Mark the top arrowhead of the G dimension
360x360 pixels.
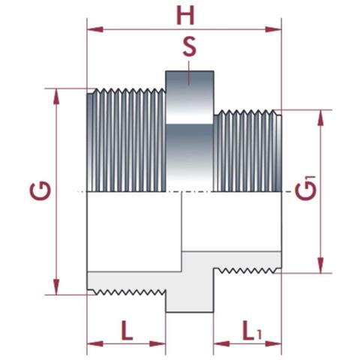pos(56,93)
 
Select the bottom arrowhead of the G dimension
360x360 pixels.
pos(56,290)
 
